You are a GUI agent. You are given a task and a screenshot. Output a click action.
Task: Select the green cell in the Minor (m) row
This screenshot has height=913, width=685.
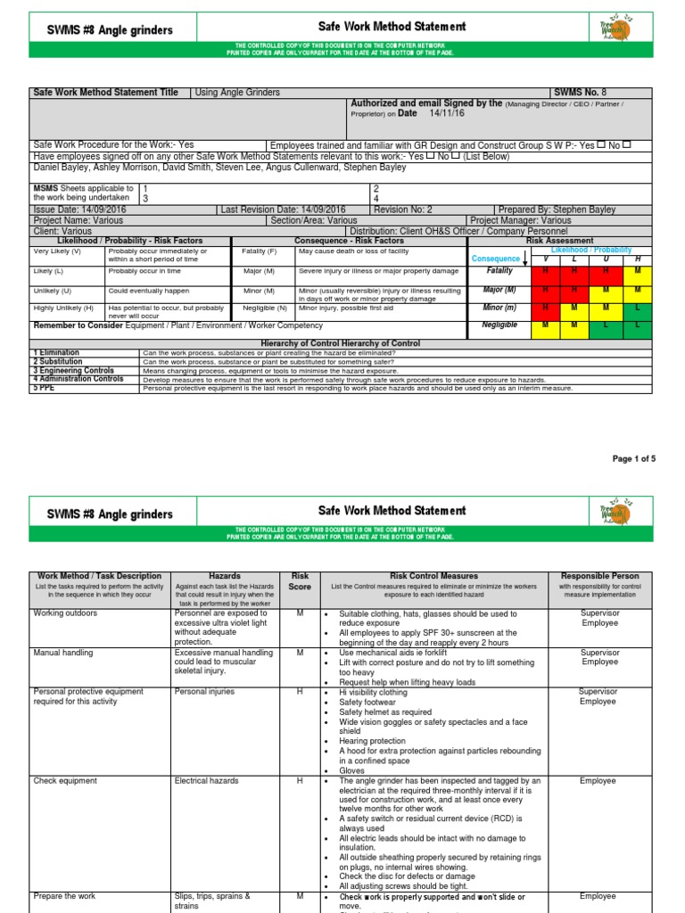638,308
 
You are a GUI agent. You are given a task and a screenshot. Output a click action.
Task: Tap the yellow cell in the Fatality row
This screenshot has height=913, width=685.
638,271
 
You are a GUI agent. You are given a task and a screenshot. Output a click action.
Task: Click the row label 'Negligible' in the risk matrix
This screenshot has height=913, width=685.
500,325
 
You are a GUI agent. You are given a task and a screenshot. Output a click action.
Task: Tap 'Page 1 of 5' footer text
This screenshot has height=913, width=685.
633,459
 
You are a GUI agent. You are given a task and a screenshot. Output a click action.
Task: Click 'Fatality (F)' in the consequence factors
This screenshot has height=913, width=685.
260,251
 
